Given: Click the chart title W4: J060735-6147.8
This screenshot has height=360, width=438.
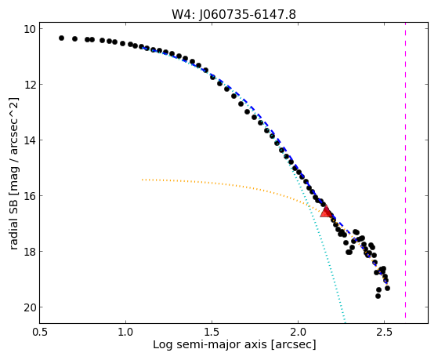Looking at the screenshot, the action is [x=233, y=14].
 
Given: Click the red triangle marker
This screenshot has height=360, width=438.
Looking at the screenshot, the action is [x=326, y=212].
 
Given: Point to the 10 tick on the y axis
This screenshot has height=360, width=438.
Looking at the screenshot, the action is [x=29, y=29].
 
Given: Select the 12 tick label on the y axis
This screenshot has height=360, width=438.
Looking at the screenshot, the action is [x=29, y=85].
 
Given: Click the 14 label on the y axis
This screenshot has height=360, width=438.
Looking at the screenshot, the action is [x=29, y=140].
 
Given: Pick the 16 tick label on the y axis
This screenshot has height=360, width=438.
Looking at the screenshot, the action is [x=29, y=196].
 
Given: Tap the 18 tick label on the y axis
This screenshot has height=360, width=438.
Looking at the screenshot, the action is [x=29, y=252].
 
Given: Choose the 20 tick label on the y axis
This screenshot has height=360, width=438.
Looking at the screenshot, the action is [x=29, y=307].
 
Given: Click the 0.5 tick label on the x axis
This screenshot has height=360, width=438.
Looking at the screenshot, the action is [x=40, y=332].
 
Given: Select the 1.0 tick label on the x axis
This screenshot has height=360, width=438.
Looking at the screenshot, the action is [x=125, y=332].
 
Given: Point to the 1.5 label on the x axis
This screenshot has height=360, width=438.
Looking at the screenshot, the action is [x=212, y=332].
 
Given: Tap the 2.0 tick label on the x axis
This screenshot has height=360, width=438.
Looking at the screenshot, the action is [x=298, y=332].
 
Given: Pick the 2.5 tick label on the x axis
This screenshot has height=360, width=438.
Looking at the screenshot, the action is [x=385, y=332].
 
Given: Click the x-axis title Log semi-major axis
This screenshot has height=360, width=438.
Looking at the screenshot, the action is [x=210, y=344].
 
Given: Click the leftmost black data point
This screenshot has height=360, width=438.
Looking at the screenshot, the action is [x=61, y=38].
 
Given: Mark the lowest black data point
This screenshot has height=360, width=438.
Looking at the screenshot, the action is [x=378, y=296].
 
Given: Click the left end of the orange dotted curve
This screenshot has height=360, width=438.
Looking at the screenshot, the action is [x=142, y=180].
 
